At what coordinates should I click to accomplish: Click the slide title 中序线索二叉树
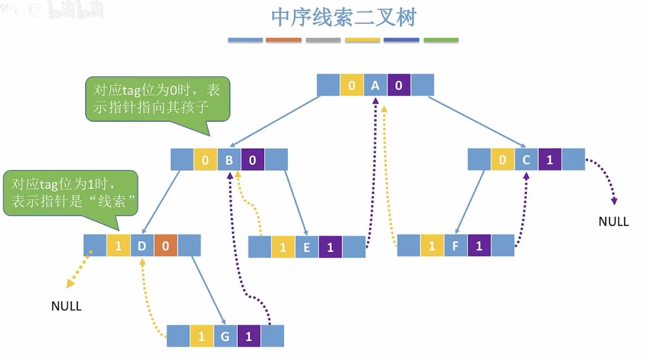tap(343, 18)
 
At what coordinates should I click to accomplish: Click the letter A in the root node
tap(375, 85)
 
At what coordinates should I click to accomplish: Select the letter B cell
tap(229, 160)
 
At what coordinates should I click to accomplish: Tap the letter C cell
tap(526, 160)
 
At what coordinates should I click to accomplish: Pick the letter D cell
tap(142, 246)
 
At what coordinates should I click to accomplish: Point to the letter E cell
tap(306, 247)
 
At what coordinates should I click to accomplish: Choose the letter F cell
tap(455, 246)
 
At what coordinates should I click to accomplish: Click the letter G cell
tap(225, 336)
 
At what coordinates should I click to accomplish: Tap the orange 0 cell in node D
tap(165, 246)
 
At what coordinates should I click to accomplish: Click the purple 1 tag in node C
tap(550, 160)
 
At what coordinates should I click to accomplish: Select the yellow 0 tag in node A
tap(351, 85)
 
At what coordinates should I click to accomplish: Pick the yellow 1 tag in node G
tap(201, 336)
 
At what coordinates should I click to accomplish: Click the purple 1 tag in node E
tap(330, 247)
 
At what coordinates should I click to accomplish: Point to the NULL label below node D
tap(66, 306)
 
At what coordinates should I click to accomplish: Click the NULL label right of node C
tap(613, 221)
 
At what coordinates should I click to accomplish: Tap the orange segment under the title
tap(283, 40)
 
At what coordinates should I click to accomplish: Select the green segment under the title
tap(441, 40)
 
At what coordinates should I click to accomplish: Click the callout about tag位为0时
tap(157, 99)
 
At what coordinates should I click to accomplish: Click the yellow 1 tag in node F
tap(432, 246)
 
